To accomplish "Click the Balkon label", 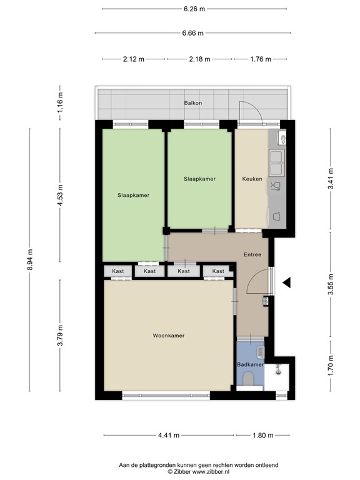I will click(192, 103).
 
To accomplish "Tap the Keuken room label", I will click(252, 179).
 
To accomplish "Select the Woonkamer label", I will click(168, 336).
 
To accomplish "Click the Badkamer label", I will click(250, 364).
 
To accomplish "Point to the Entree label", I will click(252, 255).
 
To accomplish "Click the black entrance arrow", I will click(287, 283).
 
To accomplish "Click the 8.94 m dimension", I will click(29, 259).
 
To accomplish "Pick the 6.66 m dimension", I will click(194, 33).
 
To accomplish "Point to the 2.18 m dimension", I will click(199, 59).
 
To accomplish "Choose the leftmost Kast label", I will click(118, 271).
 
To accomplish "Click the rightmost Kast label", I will click(217, 271).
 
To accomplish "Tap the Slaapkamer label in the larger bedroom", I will click(133, 195).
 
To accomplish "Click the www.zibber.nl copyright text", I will click(199, 472).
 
